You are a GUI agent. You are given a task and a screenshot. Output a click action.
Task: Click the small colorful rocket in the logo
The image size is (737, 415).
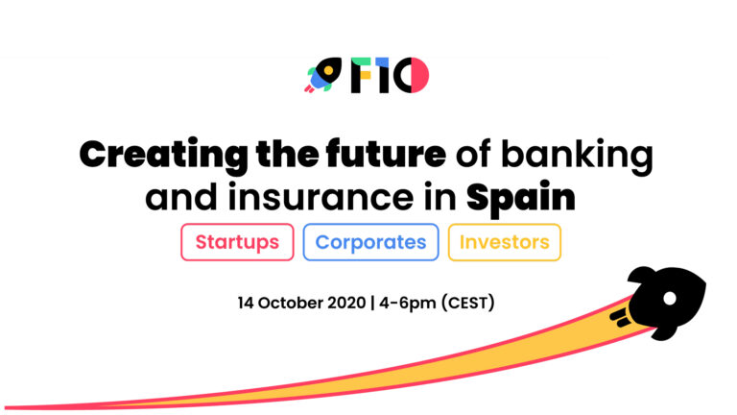click(323, 75)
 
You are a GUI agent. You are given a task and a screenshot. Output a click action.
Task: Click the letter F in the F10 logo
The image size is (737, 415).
click(361, 75)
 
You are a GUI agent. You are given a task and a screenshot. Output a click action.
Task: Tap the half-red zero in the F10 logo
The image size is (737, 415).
click(412, 75)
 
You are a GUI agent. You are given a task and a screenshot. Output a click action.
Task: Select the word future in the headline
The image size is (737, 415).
click(386, 153)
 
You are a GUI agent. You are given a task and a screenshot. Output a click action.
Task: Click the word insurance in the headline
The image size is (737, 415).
click(321, 197)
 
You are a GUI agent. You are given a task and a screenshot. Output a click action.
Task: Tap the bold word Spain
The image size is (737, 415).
click(521, 199)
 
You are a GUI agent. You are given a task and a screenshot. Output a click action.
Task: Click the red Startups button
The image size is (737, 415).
click(237, 242)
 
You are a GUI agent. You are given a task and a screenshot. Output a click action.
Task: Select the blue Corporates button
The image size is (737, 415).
click(370, 242)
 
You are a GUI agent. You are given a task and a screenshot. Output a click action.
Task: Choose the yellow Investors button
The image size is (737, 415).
click(505, 242)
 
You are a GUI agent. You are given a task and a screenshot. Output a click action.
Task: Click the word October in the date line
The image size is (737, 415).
click(291, 303)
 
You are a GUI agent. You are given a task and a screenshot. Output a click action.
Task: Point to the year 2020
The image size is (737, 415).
click(346, 303)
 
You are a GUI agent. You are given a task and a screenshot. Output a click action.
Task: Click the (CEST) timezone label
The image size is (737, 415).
click(467, 303)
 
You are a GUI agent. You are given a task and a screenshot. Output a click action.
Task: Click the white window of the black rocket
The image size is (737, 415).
click(670, 298)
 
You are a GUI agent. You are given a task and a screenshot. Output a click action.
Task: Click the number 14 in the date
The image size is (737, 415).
click(246, 303)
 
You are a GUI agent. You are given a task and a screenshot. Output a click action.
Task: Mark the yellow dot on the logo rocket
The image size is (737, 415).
click(328, 70)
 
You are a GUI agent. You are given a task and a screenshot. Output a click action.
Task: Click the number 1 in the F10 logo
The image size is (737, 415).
click(382, 75)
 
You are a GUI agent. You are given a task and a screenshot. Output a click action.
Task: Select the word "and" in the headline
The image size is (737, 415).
click(181, 197)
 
